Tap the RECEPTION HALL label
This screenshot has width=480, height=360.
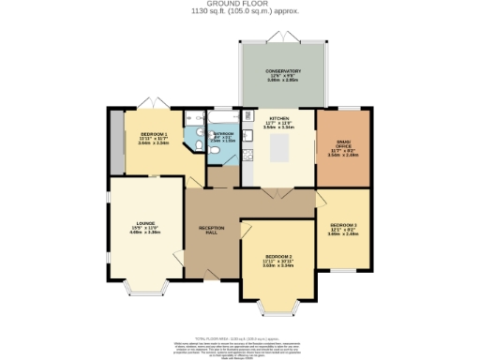[210, 229]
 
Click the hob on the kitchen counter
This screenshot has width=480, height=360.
[249, 155]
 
